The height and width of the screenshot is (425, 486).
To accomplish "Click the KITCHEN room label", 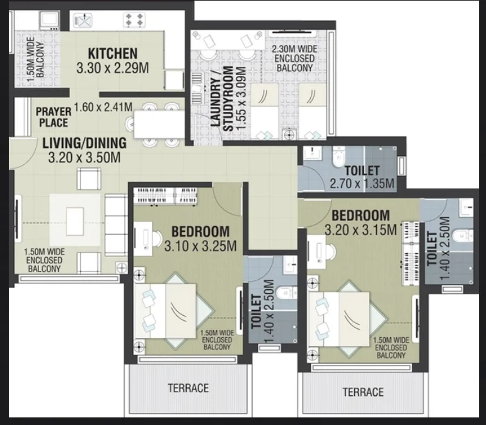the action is (x=113, y=54).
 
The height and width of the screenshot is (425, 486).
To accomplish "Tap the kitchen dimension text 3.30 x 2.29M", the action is (x=113, y=68).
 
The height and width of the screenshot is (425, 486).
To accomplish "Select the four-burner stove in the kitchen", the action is (x=134, y=20).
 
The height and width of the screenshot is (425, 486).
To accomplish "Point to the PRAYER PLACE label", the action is (x=54, y=117).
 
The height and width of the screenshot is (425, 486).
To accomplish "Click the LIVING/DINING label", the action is (x=84, y=143).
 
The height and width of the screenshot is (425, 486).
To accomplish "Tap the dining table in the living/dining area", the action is (x=159, y=124).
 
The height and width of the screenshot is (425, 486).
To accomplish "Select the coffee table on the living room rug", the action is (x=75, y=222).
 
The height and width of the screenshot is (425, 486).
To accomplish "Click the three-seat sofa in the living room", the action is (x=116, y=225).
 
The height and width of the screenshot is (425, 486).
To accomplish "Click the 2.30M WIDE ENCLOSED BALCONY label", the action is (x=294, y=58).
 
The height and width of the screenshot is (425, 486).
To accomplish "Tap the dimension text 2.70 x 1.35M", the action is (x=362, y=184).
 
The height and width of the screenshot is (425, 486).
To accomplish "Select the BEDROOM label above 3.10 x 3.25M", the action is (x=200, y=232).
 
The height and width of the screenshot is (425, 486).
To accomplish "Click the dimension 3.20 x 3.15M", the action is (x=361, y=230).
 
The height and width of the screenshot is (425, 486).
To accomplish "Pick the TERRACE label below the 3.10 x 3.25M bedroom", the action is (x=188, y=388).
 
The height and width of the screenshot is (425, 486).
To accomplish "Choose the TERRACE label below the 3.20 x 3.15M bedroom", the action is (x=363, y=392).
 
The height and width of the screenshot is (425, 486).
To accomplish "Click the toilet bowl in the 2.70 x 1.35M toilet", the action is (x=338, y=158).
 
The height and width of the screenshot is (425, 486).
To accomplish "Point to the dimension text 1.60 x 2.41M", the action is (x=103, y=107).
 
